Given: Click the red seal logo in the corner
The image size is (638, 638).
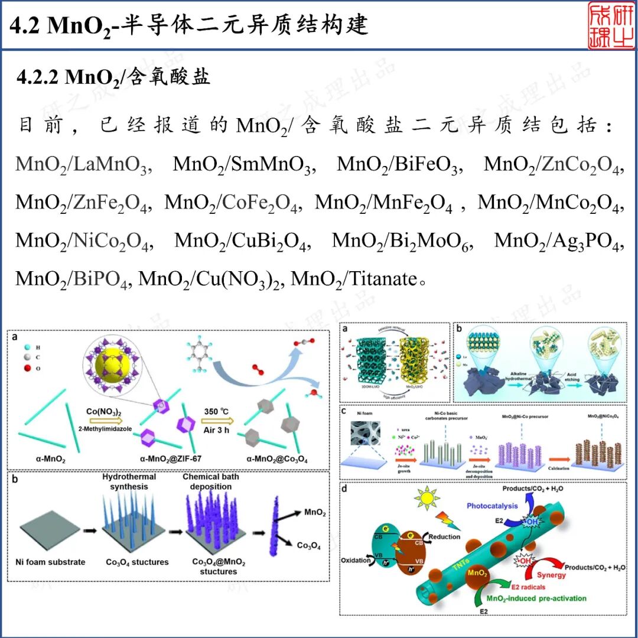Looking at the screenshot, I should coord(611,25).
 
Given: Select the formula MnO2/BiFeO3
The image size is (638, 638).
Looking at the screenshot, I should coord(398,164).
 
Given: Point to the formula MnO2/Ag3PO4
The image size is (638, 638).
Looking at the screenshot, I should coord(559,241).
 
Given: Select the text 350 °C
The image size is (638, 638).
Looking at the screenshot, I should coord(232,411).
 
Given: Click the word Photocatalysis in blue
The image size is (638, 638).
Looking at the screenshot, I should coord(492,506).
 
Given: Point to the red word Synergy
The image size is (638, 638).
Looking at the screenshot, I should coord(551,575).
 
